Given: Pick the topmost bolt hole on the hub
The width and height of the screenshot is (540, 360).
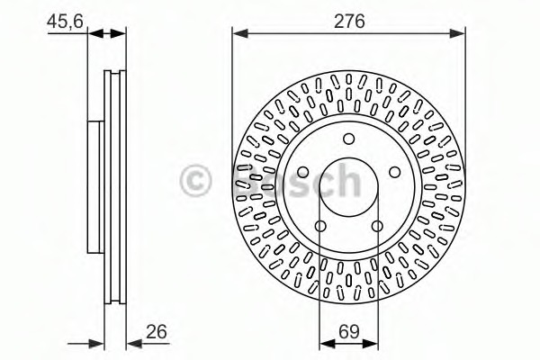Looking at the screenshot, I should coord(348,138).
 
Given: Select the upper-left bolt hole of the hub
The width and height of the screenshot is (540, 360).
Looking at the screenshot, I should coord(304,170).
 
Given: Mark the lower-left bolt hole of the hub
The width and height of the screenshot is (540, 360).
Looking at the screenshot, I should coord(321,223).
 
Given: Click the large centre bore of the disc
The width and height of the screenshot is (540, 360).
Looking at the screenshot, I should coord(348,187).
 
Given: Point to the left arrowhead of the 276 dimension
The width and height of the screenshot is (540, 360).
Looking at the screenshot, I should coord(239,33).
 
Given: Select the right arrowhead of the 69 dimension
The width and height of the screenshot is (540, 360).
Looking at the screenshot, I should coord(372,342).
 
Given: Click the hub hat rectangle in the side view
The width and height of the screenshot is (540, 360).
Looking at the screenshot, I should coord(93,186).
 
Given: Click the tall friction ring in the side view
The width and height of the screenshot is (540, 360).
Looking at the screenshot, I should coord(114,186).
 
